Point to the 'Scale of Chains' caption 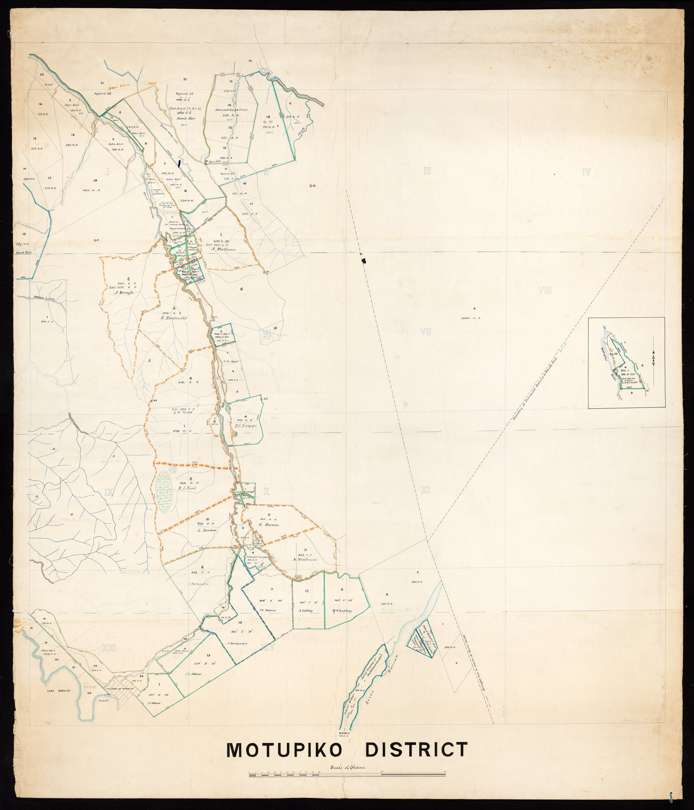coord(348,767)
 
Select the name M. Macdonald coord(173,318)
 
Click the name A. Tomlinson coord(304,560)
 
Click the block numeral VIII coord(545,290)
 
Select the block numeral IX coord(109,493)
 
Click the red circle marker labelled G coord(311,186)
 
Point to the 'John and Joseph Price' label coord(231,110)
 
